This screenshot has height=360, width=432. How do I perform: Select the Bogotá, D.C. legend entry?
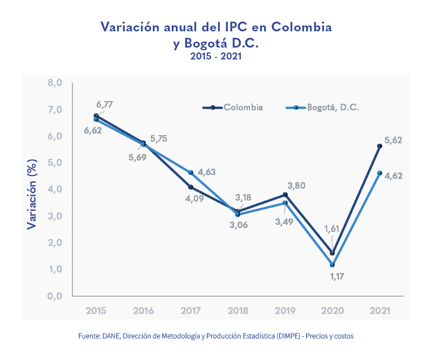tap(322, 108)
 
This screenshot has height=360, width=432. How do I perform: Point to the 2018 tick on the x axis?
tap(238, 311)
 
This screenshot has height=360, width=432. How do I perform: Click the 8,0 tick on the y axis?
tap(55, 83)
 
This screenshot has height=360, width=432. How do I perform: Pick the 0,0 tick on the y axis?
tap(55, 296)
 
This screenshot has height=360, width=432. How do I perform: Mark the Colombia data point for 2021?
tap(380, 146)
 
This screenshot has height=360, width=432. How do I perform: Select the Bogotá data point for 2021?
tap(380, 173)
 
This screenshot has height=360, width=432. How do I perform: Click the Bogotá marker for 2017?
tap(191, 173)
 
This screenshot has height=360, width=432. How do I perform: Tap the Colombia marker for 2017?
tap(191, 187)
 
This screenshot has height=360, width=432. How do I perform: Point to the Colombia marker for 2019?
tap(285, 195)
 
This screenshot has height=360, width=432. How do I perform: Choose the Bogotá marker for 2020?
tap(332, 265)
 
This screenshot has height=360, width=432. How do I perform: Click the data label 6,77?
tap(105, 104)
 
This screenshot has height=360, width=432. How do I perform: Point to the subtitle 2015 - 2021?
tap(215, 56)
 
